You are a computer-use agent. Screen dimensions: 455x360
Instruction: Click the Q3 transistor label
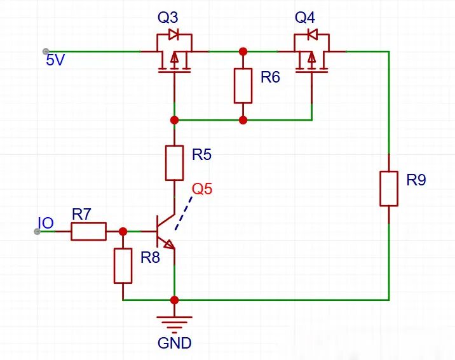(x=168, y=18)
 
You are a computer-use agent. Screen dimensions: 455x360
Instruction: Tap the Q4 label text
(x=305, y=18)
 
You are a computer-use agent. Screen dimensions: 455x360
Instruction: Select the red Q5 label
(x=202, y=189)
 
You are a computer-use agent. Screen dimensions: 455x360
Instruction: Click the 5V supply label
(x=55, y=60)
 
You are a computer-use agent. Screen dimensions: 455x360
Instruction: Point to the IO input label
(x=46, y=223)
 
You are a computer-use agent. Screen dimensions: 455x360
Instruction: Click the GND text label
(x=174, y=343)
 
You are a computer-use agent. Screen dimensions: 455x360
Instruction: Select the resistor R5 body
(x=174, y=163)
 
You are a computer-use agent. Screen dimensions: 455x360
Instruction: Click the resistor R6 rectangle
(x=243, y=86)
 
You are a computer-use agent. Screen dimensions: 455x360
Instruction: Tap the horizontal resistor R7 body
(x=88, y=231)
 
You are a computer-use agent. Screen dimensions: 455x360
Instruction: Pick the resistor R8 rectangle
(x=123, y=265)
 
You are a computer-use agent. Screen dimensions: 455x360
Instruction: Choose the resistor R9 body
(x=389, y=189)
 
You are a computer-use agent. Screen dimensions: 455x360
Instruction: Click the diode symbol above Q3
(x=173, y=34)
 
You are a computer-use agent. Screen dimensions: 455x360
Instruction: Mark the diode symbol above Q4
(x=312, y=34)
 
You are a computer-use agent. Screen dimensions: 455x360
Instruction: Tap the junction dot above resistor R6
(x=243, y=51)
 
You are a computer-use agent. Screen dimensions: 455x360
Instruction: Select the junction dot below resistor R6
(x=243, y=120)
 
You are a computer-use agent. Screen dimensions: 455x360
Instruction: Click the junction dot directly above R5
(x=174, y=120)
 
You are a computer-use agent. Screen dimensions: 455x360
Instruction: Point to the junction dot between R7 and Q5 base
(x=123, y=231)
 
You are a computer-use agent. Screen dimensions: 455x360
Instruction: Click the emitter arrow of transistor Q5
(x=170, y=245)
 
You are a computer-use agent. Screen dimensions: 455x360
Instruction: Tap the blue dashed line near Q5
(x=184, y=213)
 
